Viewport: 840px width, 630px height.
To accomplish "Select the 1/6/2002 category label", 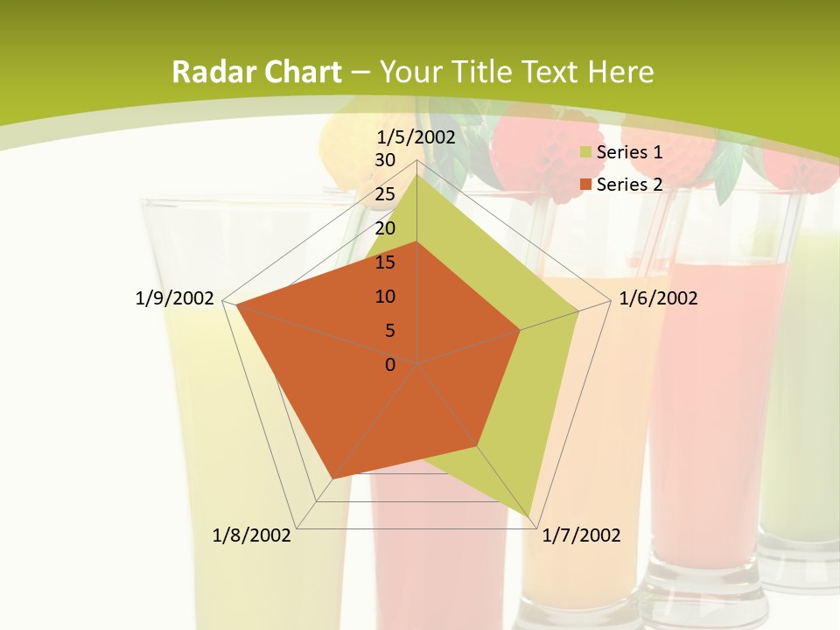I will click(658, 298).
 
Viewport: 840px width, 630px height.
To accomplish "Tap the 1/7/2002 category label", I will click(581, 535).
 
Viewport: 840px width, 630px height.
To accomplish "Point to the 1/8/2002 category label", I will click(252, 535).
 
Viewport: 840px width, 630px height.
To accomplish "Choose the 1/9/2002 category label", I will click(175, 298).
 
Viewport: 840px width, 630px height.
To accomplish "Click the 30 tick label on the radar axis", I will click(385, 160).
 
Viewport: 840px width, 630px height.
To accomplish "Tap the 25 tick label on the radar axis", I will click(385, 194).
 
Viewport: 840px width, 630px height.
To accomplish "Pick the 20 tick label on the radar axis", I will click(385, 228).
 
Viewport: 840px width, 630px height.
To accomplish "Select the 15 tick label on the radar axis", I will click(385, 262).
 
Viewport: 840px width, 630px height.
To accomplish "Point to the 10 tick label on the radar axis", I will click(385, 297).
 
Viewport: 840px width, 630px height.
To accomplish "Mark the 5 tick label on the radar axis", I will click(389, 331).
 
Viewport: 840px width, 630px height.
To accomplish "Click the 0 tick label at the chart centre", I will click(390, 365).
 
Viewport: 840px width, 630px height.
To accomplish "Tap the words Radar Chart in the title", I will click(256, 72).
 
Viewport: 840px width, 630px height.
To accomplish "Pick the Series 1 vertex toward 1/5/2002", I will click(417, 175).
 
